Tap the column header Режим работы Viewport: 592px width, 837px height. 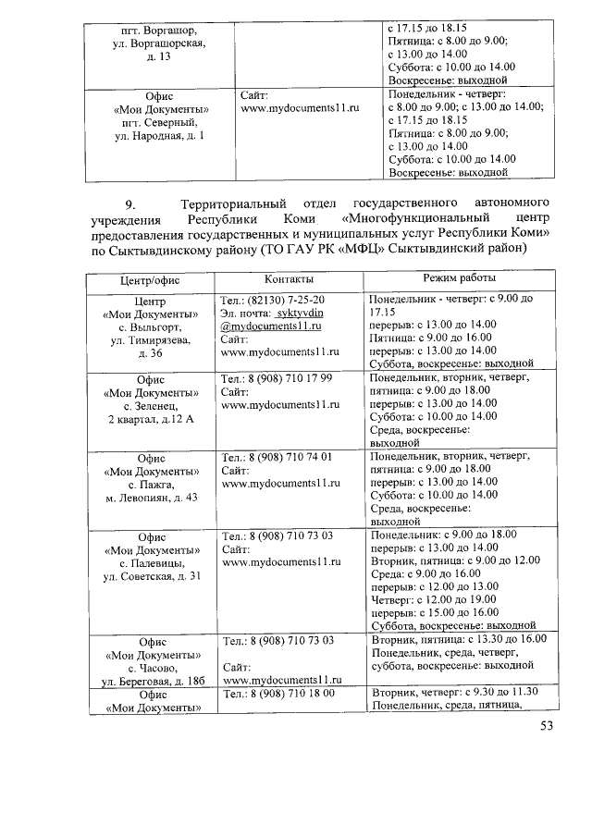click(x=459, y=278)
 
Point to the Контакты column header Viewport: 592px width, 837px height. click(x=289, y=278)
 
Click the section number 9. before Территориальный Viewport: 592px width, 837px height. click(x=131, y=203)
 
